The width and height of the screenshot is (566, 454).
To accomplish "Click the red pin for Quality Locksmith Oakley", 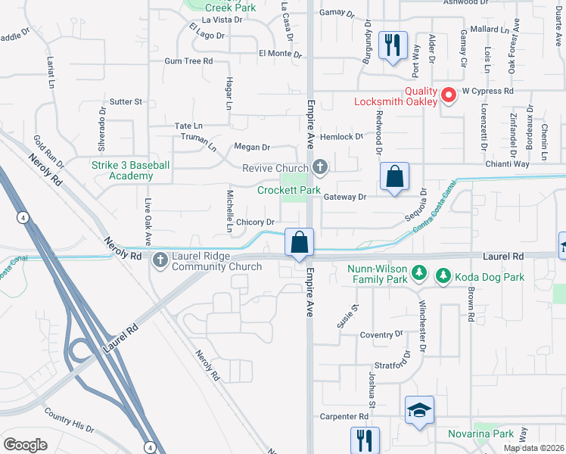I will (x=448, y=95).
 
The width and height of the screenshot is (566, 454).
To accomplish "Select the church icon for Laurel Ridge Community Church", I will (x=160, y=261).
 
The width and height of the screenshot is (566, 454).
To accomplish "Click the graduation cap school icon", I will (x=419, y=410).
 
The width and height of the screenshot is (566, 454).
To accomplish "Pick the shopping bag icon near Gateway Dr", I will (x=393, y=178).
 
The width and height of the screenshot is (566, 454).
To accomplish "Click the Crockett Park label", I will (x=288, y=191).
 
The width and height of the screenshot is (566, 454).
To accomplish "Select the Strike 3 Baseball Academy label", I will (x=131, y=170).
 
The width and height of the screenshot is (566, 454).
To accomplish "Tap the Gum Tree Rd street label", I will (x=188, y=61).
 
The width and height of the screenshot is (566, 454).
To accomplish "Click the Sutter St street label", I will (x=126, y=101).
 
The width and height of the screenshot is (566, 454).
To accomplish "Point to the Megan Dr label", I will (x=252, y=148).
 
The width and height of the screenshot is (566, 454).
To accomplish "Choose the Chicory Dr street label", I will (x=254, y=222).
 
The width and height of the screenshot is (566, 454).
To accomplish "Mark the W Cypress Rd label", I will (x=488, y=90).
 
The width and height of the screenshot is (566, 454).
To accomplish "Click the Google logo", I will (x=25, y=445).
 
